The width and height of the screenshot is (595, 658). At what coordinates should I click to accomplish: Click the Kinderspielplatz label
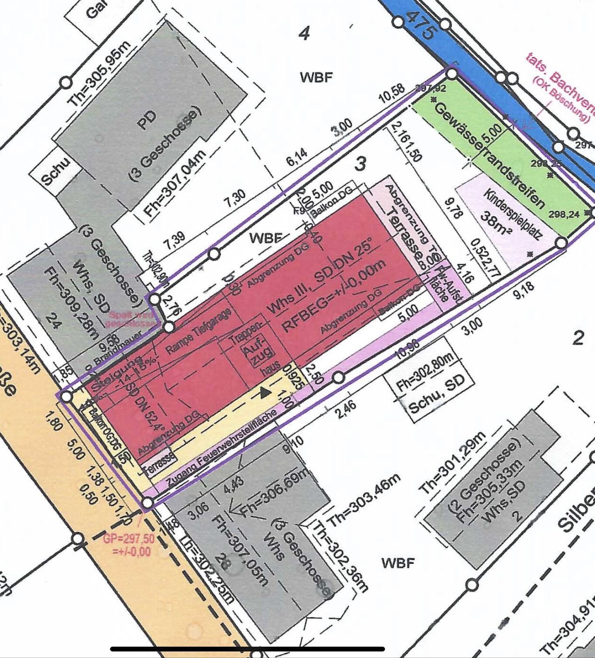pos(512,214)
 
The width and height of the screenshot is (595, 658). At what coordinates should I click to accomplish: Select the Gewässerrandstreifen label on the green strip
pos(490,155)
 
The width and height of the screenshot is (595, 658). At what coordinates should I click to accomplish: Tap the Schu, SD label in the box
pos(437,394)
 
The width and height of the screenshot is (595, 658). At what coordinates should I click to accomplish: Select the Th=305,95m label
pos(99,74)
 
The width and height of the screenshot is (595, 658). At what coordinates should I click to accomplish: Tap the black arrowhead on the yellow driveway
pos(265,392)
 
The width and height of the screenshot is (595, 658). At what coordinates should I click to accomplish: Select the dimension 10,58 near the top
pos(391,93)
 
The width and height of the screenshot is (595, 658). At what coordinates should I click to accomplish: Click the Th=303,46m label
pos(364,500)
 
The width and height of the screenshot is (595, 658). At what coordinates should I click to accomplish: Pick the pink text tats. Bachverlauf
pos(561,85)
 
